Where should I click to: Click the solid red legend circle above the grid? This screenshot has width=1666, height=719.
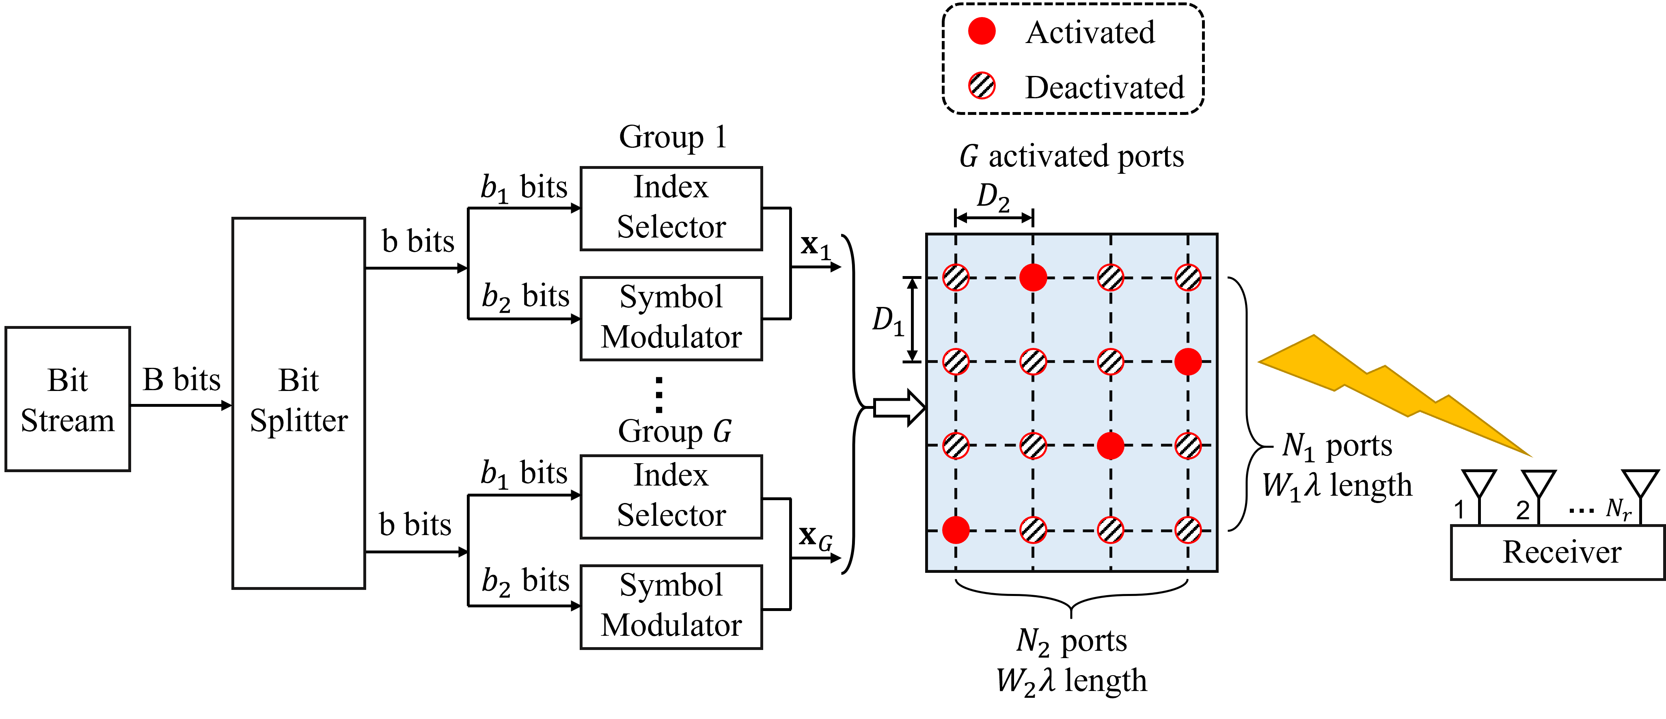tap(982, 31)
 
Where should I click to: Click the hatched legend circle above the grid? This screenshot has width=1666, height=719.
tap(982, 85)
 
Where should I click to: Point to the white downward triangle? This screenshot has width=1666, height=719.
tap(1479, 482)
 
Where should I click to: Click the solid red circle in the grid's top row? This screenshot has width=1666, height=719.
tap(1033, 277)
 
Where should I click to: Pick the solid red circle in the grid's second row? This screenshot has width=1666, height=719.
tap(1188, 361)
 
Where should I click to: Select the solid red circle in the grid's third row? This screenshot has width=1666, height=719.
tap(1110, 445)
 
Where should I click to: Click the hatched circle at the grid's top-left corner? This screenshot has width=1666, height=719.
tap(956, 277)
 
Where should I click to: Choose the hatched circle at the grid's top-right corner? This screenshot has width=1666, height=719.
tap(1188, 277)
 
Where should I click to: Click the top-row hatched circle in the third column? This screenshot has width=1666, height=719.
tap(1110, 277)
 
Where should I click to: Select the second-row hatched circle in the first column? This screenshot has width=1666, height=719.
tap(956, 361)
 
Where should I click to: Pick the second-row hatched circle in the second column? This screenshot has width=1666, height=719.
tap(1033, 361)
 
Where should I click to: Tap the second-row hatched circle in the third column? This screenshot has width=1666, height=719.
tap(1110, 361)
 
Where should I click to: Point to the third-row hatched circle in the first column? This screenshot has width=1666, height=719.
tap(956, 445)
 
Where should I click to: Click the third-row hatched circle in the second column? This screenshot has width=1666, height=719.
tap(1033, 445)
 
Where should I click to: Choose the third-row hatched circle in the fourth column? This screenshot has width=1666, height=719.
tap(1188, 445)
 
